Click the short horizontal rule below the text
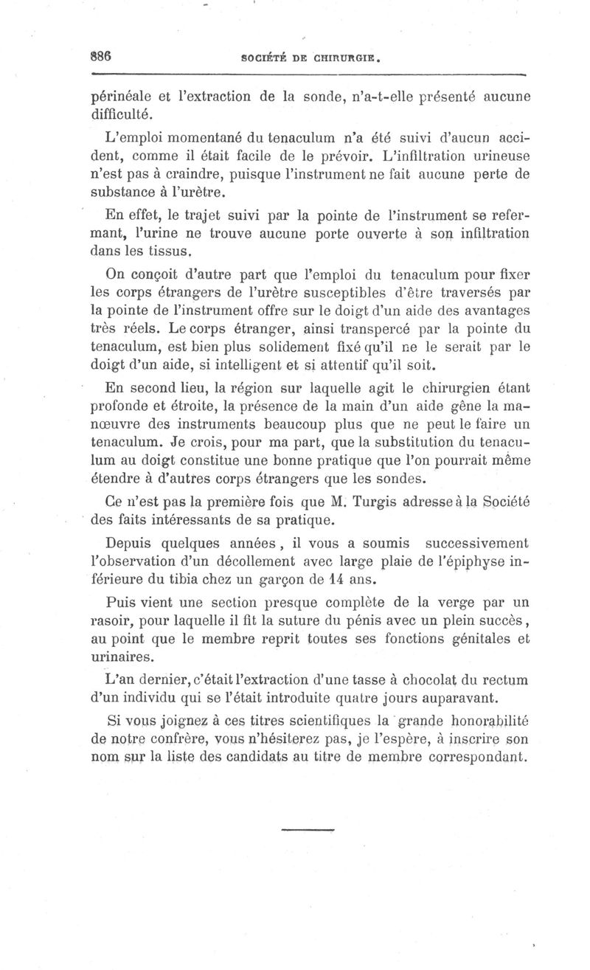[x=308, y=831]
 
